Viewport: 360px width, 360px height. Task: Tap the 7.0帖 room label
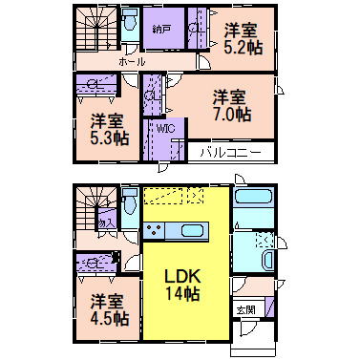coord(231,105)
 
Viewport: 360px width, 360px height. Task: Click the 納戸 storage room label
coord(161,30)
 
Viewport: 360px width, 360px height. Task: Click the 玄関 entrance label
coord(245,310)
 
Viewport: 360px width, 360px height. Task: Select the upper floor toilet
coord(132,21)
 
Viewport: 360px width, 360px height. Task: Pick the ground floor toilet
coord(129,201)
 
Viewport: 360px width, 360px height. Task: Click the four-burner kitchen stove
coord(154,230)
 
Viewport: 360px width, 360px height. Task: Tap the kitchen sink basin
coord(189,230)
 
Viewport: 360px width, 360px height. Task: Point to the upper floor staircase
coord(95,29)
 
